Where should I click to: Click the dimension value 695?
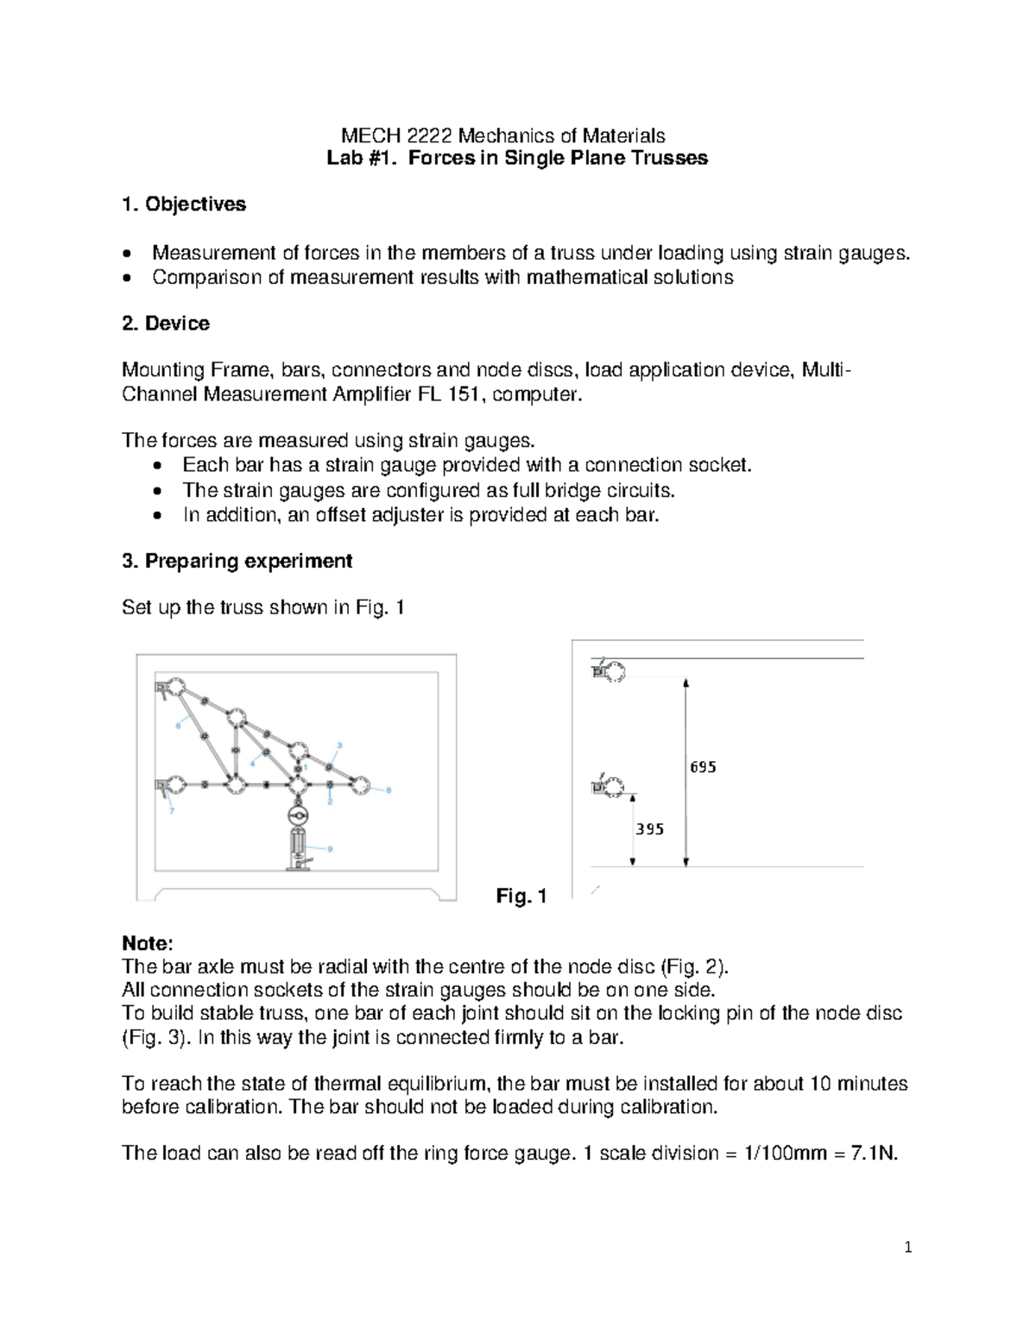703,767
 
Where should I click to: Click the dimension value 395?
649,829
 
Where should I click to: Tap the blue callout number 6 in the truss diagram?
179,726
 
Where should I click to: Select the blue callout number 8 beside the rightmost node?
388,790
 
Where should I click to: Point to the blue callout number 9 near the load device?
330,848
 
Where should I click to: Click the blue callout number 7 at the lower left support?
172,811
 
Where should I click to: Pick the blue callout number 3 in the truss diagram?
339,745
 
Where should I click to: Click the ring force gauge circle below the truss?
298,815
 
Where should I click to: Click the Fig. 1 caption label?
521,896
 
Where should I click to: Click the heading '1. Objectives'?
184,204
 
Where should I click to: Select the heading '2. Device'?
166,324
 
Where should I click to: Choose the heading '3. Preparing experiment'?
237,561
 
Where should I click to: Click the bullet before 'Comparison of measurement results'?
128,279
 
